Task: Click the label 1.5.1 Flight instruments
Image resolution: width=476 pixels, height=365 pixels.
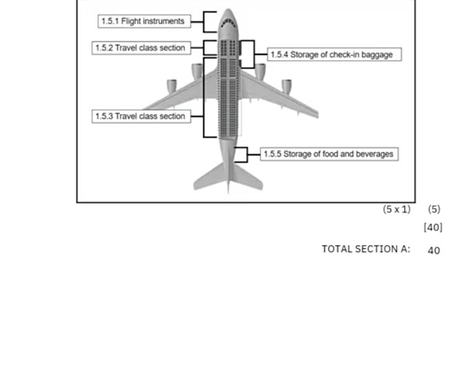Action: (x=143, y=21)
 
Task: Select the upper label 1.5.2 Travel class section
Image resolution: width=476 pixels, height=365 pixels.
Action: (x=140, y=48)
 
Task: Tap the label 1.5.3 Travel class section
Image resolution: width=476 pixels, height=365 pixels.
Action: (x=140, y=116)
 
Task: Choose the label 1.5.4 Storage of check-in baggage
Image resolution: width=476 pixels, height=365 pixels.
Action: (x=334, y=55)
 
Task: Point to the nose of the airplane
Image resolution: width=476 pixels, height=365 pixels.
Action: (x=228, y=11)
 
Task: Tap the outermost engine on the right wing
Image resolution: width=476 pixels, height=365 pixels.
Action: (x=287, y=86)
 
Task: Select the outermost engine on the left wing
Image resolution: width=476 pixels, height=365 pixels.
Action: (x=171, y=86)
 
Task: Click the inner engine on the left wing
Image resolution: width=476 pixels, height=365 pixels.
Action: (x=196, y=71)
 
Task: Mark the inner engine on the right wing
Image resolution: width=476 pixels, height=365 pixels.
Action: (x=260, y=71)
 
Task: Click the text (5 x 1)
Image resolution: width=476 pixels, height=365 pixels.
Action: (x=397, y=209)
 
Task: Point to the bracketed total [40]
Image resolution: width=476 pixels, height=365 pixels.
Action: (x=433, y=227)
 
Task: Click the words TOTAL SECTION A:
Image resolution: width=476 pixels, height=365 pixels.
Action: (x=365, y=249)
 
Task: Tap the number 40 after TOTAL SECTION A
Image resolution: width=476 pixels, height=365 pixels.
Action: (x=434, y=250)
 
